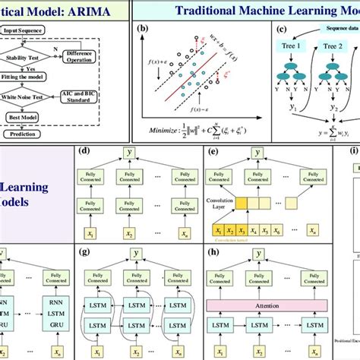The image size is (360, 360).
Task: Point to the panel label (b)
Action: pos(141,31)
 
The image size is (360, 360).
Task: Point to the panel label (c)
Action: pos(282,31)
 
